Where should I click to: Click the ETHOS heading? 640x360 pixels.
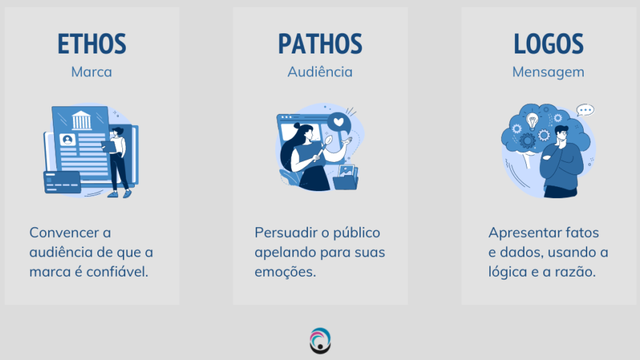click(x=92, y=44)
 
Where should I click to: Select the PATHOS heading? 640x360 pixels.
click(x=320, y=44)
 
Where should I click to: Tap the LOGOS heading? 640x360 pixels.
click(x=548, y=44)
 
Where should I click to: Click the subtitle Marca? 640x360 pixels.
click(x=92, y=72)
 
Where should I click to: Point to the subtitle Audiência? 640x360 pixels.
click(x=320, y=72)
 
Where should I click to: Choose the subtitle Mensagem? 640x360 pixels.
click(x=548, y=72)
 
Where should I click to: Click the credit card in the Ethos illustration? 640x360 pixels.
click(x=62, y=182)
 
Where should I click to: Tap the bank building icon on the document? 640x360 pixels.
click(x=81, y=120)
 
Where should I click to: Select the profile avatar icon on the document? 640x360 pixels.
click(x=67, y=140)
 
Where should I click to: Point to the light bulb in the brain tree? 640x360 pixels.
click(x=532, y=121)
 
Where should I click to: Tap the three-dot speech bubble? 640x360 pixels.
click(x=585, y=111)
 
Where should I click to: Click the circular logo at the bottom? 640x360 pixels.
click(x=320, y=341)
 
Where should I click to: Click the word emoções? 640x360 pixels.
click(x=286, y=272)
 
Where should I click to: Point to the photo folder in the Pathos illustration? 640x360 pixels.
click(x=345, y=177)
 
